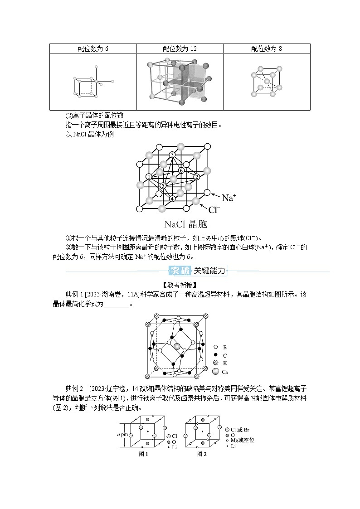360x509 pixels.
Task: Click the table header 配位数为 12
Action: point(180,48)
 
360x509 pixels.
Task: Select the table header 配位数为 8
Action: point(267,48)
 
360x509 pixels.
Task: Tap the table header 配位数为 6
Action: point(93,48)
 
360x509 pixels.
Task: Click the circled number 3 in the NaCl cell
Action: point(172,155)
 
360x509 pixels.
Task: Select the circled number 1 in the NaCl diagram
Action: point(149,176)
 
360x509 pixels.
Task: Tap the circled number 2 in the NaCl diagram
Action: point(197,176)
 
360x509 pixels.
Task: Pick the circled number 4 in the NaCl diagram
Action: point(172,199)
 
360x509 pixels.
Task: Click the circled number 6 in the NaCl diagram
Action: point(181,170)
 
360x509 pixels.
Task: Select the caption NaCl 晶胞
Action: point(186,224)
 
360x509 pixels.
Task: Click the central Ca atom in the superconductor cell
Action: point(177,346)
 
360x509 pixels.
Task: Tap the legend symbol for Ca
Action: point(215,372)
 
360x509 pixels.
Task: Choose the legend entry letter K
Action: point(225,364)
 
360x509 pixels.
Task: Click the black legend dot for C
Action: point(215,355)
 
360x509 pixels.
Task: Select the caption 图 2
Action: point(202,455)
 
